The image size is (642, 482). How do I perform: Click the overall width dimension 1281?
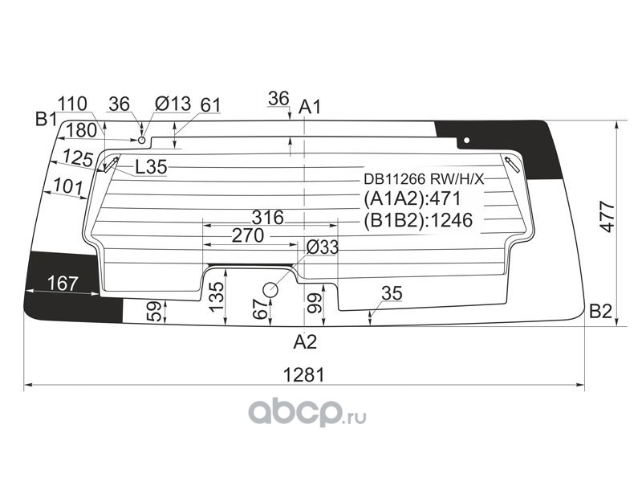click(x=304, y=374)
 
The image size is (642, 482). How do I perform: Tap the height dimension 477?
click(x=607, y=217)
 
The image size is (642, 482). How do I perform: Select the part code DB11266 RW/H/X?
click(x=425, y=179)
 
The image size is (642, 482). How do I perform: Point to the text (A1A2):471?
click(x=412, y=198)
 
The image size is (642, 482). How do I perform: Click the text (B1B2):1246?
click(x=418, y=220)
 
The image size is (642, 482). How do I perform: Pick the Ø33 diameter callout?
click(x=323, y=247)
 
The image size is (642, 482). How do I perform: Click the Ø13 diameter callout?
click(x=173, y=104)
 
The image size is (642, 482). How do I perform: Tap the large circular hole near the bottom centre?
click(x=270, y=290)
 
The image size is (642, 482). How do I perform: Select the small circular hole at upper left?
click(x=142, y=140)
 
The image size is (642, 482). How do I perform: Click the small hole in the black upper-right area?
click(x=466, y=141)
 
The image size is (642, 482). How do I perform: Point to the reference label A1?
click(x=310, y=107)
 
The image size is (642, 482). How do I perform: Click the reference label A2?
click(x=306, y=341)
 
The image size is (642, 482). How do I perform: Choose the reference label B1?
click(x=46, y=119)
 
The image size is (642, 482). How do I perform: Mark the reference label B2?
click(x=600, y=312)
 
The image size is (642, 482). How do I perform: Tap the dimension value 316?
click(x=268, y=217)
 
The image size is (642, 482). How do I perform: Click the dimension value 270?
click(x=248, y=235)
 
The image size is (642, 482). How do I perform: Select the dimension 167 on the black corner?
click(x=63, y=284)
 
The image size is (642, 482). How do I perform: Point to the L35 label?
click(x=151, y=167)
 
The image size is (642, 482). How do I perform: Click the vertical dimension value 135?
click(x=217, y=296)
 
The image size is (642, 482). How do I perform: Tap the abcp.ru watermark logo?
click(x=307, y=411)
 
